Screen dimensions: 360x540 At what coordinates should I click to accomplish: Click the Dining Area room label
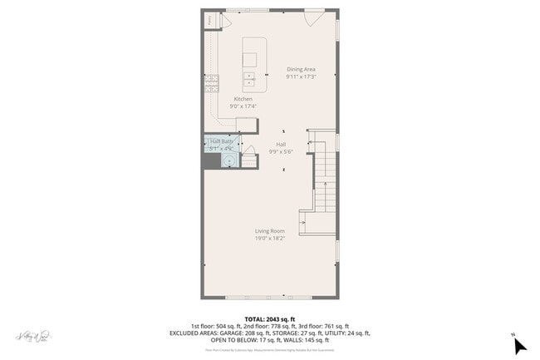coord(301,69)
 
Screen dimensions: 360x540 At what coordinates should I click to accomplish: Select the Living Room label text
coord(269,231)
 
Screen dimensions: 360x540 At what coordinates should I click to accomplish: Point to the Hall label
coord(281,144)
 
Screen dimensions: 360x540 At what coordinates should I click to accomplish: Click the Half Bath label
coord(219,141)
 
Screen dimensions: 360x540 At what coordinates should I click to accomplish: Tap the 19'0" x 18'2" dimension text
coord(269,239)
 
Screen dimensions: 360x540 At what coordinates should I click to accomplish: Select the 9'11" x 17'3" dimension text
coord(301,76)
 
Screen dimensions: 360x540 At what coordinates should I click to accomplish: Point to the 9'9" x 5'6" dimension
coord(281,151)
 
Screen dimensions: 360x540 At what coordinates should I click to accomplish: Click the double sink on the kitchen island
coord(249,80)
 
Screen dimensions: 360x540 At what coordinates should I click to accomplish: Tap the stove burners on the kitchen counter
coord(214,81)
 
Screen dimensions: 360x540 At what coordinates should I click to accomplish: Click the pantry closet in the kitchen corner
coord(211,20)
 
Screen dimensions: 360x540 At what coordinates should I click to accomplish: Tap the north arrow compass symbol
coord(519,343)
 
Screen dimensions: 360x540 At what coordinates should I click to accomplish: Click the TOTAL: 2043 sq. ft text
coord(269,319)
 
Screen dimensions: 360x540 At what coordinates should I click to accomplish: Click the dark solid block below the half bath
coord(211,160)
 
